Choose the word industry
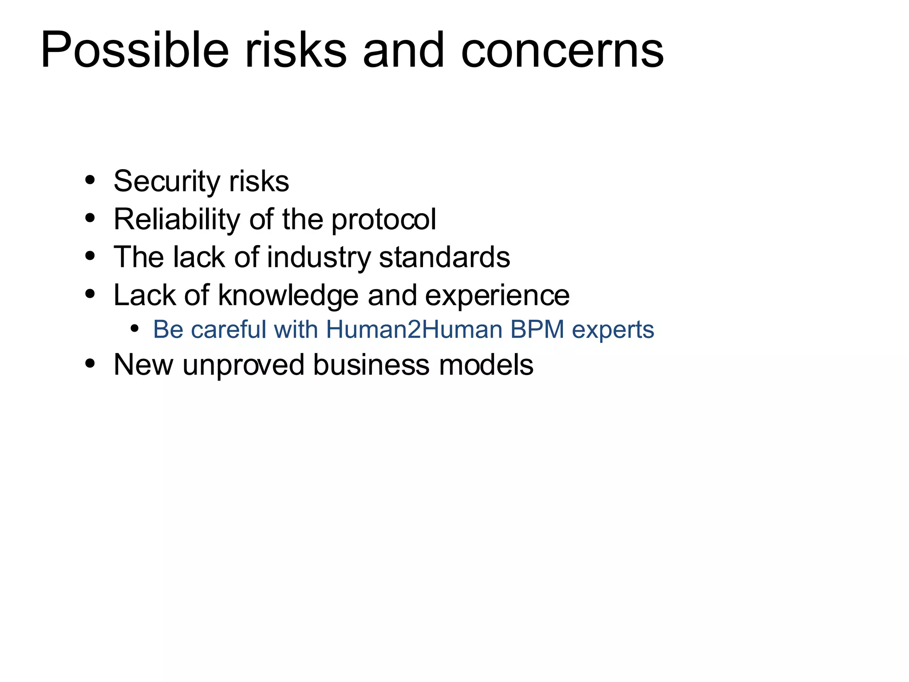(319, 258)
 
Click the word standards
(444, 257)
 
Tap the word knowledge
(288, 295)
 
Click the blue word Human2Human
(414, 329)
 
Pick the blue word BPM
(537, 329)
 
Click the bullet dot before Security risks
(90, 180)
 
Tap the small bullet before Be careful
(134, 329)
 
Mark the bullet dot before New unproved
(90, 364)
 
